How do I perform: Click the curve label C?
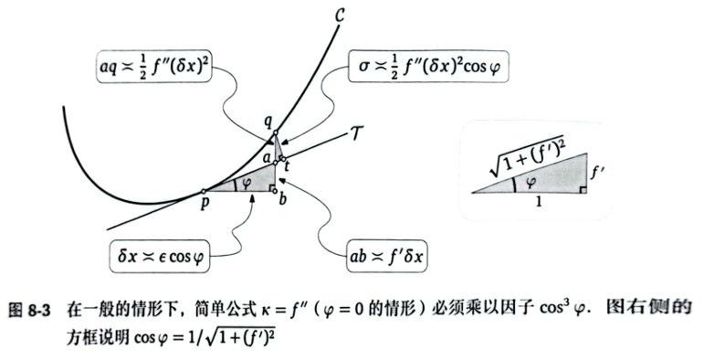340,16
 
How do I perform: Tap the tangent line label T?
356,133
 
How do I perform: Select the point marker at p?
204,192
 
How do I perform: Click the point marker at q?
275,132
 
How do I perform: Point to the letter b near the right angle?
282,198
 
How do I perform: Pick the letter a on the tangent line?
268,158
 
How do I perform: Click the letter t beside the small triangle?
287,165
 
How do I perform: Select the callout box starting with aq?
154,66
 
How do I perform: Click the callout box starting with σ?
428,66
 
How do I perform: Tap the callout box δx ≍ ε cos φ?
160,256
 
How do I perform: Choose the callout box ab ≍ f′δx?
386,256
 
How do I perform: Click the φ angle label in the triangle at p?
246,184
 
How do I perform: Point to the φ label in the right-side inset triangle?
531,182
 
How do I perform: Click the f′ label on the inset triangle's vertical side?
595,172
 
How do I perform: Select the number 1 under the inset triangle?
539,202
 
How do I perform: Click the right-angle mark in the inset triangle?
583,190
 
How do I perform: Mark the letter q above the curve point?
268,122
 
